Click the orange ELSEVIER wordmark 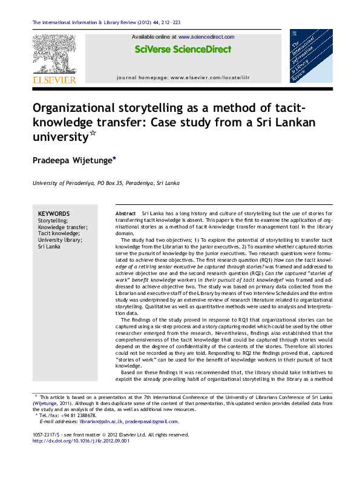pos(54,79)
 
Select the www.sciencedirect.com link pos(206,37)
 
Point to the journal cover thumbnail pos(311,56)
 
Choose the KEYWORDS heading pos(53,214)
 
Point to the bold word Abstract pos(126,214)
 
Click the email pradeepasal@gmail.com pos(156,421)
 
